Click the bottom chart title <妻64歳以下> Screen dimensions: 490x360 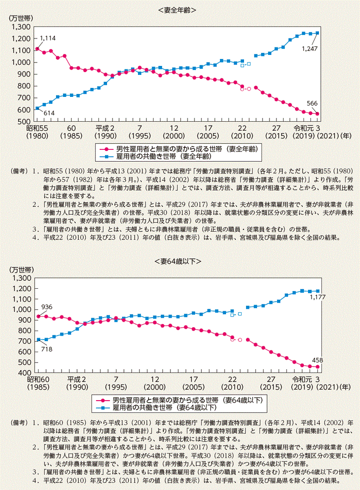179,261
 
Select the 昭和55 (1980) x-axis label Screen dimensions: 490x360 36,132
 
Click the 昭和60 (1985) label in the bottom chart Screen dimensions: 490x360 36,383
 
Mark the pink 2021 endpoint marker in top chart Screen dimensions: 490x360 317,114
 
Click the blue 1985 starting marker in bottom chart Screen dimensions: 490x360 37,340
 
